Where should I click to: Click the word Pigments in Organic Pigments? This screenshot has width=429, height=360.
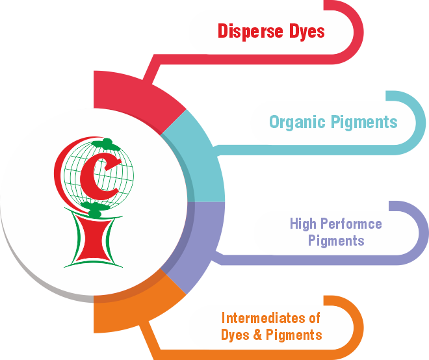[x=365, y=122]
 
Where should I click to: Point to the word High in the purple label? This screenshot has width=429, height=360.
[x=303, y=224]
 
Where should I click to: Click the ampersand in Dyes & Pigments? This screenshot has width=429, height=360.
[x=254, y=335]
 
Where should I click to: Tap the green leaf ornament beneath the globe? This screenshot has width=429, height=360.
[x=95, y=210]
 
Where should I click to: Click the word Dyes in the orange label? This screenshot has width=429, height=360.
[x=235, y=335]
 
